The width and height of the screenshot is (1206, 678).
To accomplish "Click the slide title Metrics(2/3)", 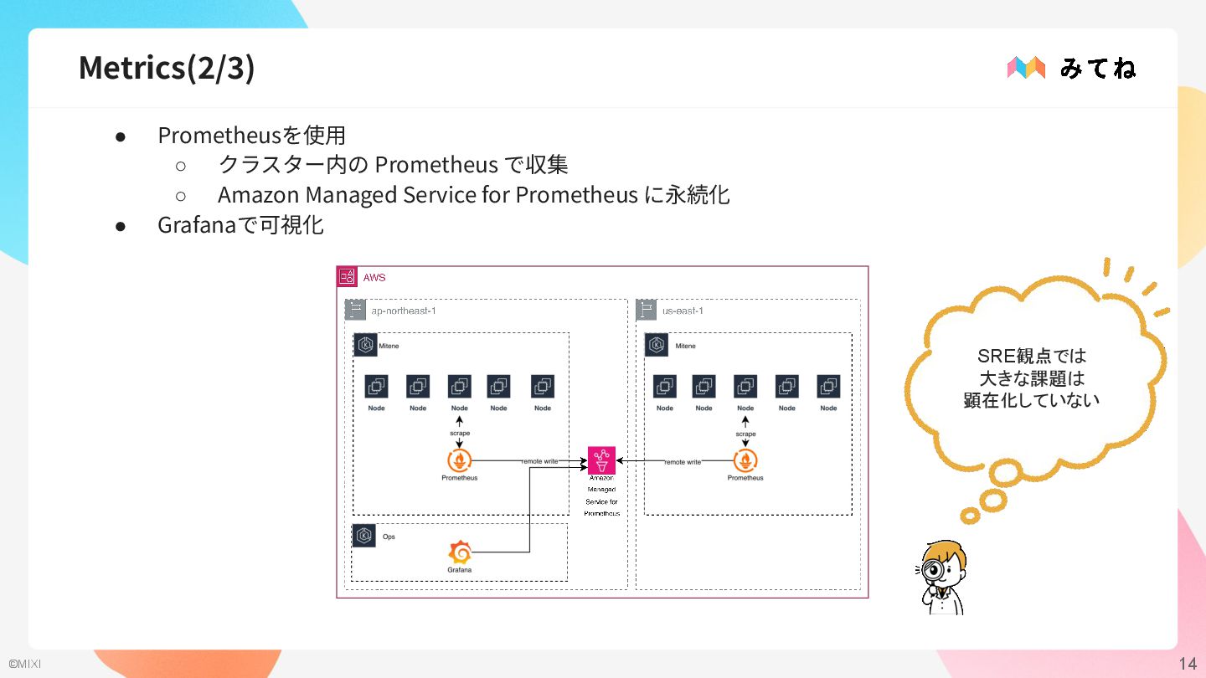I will (x=167, y=68).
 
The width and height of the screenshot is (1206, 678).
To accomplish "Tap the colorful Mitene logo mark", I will (x=1026, y=68).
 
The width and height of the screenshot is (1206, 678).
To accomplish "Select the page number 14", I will (x=1187, y=664).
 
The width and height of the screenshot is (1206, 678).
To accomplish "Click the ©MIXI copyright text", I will (x=24, y=664).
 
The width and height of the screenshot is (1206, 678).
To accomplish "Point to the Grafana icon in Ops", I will (x=459, y=552).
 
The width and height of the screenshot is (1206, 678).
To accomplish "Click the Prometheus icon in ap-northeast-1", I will (x=459, y=460).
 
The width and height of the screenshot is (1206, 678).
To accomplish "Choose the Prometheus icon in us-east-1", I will (x=745, y=460).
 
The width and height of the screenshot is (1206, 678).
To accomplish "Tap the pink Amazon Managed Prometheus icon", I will (x=601, y=460).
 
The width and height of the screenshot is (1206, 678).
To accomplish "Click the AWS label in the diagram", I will (x=374, y=277).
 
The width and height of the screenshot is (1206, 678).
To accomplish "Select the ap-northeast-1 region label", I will (x=404, y=311).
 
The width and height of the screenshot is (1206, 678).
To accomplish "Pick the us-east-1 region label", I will (x=683, y=311).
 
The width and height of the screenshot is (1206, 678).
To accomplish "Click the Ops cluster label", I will (x=389, y=537).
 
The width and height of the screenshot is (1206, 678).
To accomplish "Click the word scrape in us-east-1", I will (x=745, y=434).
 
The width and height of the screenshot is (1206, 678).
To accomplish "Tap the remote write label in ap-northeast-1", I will (x=540, y=461).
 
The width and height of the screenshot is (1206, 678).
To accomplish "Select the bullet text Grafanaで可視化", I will (x=240, y=225).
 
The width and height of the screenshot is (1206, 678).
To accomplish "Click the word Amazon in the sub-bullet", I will (x=258, y=195).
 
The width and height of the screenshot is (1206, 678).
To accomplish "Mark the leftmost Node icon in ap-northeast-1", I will (x=376, y=387).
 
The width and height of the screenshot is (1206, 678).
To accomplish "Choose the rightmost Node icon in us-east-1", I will (x=828, y=387).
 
